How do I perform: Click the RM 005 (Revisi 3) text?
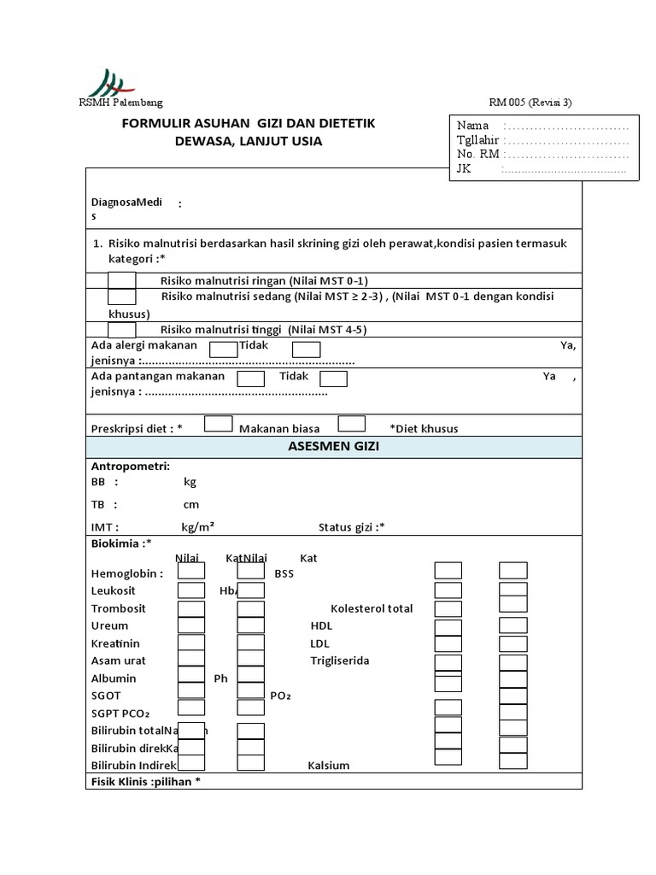[530, 103]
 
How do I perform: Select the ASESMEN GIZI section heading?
[334, 447]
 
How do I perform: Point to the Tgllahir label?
[478, 140]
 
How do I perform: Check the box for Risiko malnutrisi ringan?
[122, 280]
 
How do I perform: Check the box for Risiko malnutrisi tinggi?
[122, 330]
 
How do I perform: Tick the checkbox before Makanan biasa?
[219, 424]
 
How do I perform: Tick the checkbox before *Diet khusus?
[352, 424]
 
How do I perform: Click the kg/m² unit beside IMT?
[197, 528]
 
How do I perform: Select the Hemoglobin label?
[126, 574]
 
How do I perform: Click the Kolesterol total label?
[372, 608]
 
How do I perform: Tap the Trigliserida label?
[339, 661]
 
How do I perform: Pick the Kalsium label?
[329, 766]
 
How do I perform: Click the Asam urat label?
[119, 661]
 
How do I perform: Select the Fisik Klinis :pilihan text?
[146, 781]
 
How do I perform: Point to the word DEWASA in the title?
[202, 142]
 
